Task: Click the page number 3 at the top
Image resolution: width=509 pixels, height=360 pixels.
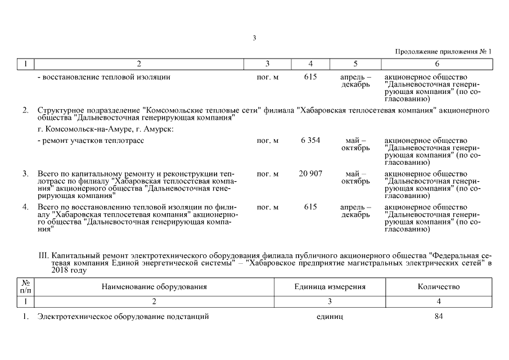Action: click(254, 38)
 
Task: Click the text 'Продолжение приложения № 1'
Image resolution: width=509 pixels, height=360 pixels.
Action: click(443, 52)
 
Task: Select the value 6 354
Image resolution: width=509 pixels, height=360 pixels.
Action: click(310, 141)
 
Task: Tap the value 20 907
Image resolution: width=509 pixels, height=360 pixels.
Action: click(310, 174)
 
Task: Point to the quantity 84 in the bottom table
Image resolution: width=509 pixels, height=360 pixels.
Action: click(439, 317)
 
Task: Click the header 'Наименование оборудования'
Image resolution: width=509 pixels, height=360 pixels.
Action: click(154, 287)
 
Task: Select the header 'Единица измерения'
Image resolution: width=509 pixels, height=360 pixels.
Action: click(330, 287)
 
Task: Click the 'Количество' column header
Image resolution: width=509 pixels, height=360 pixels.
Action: click(439, 287)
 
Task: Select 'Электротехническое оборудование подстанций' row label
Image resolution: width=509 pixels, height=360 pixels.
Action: click(123, 317)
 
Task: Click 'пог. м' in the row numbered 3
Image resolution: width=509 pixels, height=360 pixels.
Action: click(267, 174)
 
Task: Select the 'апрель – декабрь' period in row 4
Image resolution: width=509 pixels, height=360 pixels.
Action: click(355, 211)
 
